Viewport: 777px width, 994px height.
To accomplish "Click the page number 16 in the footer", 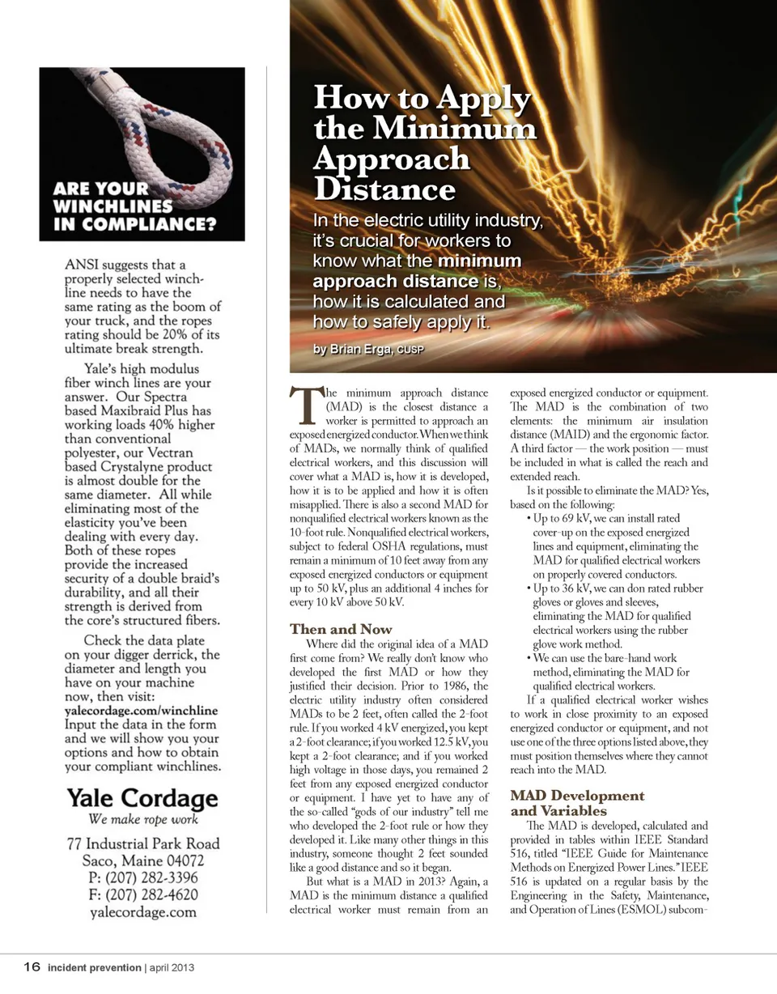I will point(32,966).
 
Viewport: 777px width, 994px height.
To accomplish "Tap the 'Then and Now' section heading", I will point(341,629).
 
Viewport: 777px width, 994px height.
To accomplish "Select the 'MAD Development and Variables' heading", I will point(576,803).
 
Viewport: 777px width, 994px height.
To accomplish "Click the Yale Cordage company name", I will point(142,799).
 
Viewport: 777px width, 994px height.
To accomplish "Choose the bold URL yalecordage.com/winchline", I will point(141,711).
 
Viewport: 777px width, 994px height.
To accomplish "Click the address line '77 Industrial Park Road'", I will point(142,843).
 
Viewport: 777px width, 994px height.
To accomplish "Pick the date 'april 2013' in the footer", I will point(172,967).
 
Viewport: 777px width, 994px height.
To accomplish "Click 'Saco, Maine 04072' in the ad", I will point(142,860).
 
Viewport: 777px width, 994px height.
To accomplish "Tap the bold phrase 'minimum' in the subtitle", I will point(479,261).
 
